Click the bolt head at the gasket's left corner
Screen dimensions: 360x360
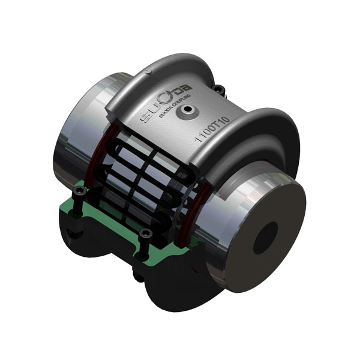pyautogui.click(x=79, y=193)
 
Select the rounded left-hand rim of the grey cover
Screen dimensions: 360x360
pyautogui.click(x=144, y=72)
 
